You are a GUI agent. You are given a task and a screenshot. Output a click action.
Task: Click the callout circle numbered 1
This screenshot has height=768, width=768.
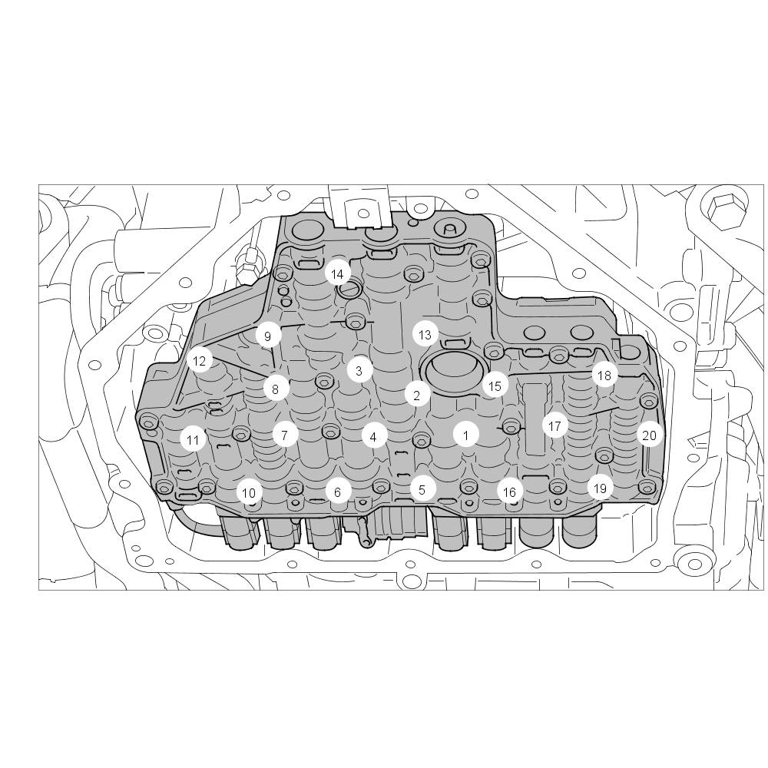click(x=466, y=435)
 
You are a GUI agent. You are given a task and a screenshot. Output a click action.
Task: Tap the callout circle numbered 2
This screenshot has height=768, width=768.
click(x=417, y=396)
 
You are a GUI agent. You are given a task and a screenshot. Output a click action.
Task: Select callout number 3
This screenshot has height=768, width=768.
click(x=359, y=371)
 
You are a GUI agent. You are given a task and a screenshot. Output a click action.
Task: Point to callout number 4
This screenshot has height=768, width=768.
click(x=373, y=437)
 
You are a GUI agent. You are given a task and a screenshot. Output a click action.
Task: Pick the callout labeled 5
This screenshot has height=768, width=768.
click(x=422, y=489)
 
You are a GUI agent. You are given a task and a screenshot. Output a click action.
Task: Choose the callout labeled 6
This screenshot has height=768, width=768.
click(x=337, y=492)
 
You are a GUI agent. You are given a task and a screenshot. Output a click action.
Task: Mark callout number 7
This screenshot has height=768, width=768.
click(x=285, y=434)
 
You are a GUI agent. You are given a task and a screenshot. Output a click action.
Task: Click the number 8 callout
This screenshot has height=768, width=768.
click(x=275, y=389)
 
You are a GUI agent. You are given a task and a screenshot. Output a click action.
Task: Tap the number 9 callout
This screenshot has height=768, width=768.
click(x=267, y=336)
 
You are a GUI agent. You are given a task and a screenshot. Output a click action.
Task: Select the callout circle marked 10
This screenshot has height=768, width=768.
click(x=249, y=493)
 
